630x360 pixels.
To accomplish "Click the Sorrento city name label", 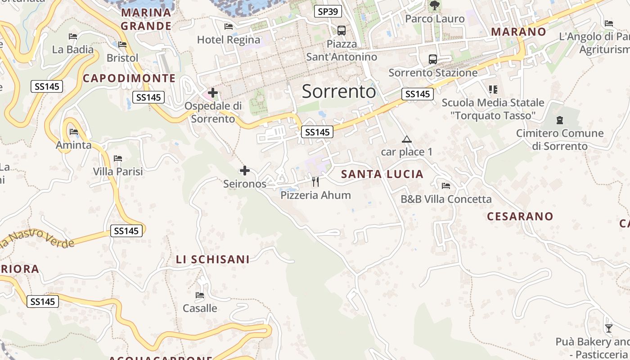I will [338, 91].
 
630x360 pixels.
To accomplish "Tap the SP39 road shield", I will [328, 11].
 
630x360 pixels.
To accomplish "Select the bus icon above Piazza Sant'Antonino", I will [342, 31].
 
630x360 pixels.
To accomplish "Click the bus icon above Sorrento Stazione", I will [432, 59].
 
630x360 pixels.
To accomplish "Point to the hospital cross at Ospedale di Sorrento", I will [213, 93].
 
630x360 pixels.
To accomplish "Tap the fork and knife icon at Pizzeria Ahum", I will [315, 182].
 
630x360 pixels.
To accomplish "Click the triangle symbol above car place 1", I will [407, 139].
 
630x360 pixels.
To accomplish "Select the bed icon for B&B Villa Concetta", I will [446, 185].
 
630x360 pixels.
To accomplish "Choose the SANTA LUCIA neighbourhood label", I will [382, 174].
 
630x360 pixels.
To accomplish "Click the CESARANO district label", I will [520, 216].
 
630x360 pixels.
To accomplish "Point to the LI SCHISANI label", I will [212, 260].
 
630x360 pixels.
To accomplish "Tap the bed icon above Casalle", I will [200, 296].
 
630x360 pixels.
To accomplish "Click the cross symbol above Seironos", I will [245, 171].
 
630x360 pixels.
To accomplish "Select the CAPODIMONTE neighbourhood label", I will [129, 78].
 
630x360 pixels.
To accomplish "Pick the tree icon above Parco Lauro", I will [434, 6].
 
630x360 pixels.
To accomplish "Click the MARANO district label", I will [518, 32].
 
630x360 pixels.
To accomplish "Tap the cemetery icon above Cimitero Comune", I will [560, 120].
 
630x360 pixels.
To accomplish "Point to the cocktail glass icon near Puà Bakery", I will [609, 328].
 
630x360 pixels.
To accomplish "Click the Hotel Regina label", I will [229, 40].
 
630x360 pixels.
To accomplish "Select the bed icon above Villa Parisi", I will [118, 158].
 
